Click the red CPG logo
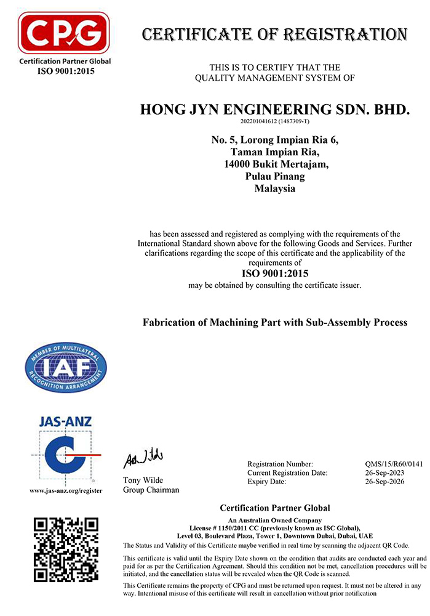pyautogui.click(x=64, y=33)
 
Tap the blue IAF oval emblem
pyautogui.click(x=65, y=369)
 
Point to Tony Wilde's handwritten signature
pyautogui.click(x=143, y=459)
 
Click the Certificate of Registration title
pyautogui.click(x=274, y=34)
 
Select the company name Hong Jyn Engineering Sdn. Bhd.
pyautogui.click(x=274, y=110)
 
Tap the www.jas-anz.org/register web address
pyautogui.click(x=66, y=491)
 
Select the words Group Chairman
pyautogui.click(x=151, y=490)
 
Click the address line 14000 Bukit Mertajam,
pyautogui.click(x=274, y=164)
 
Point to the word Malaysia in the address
pyautogui.click(x=274, y=189)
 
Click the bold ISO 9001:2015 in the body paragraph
pyautogui.click(x=274, y=273)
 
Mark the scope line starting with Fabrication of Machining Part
pyautogui.click(x=274, y=322)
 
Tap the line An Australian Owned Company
pyautogui.click(x=274, y=521)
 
